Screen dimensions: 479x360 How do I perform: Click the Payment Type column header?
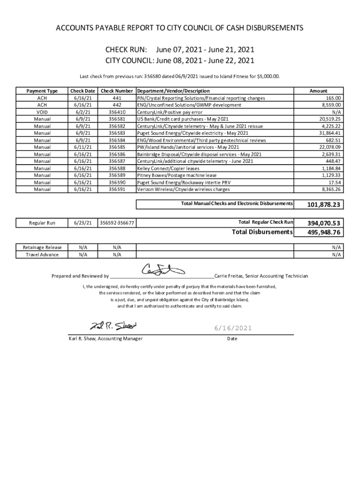(42, 91)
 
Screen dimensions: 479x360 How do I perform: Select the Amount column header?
(318, 91)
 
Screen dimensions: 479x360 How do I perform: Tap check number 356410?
(117, 112)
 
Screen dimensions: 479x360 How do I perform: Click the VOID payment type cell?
(42, 112)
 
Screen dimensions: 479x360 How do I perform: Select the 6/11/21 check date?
(82, 147)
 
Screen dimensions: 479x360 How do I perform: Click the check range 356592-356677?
(117, 223)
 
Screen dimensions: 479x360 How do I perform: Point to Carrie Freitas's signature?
(164, 270)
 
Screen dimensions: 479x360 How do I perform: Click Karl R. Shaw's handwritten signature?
(113, 326)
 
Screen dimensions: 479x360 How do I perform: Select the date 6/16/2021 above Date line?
(232, 328)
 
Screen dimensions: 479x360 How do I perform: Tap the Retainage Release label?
(42, 247)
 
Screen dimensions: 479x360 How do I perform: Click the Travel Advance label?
(42, 254)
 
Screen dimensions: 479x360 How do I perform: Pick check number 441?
(117, 98)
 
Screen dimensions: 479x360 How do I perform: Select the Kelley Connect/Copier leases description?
(168, 168)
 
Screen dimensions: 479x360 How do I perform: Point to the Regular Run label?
(42, 223)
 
